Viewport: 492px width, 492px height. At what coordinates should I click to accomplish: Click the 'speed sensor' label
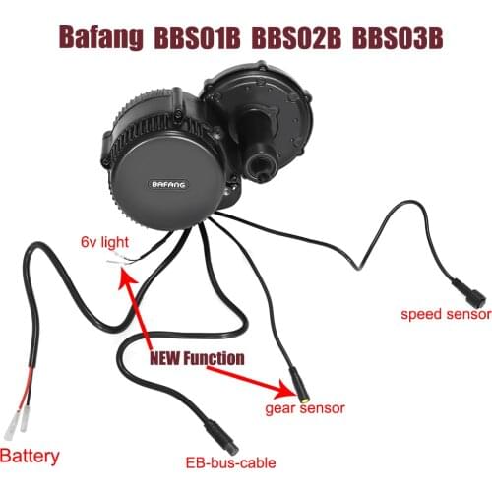point(445,315)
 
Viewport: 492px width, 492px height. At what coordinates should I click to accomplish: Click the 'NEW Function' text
point(197,358)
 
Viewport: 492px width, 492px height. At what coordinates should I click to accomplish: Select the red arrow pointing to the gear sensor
point(260,372)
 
